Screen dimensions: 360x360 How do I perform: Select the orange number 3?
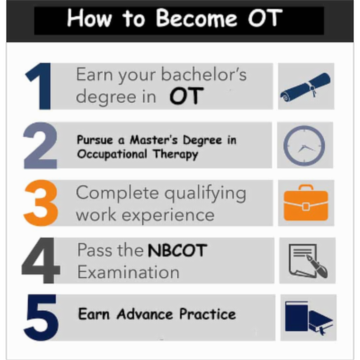(x=41, y=202)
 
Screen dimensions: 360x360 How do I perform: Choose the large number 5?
(x=40, y=316)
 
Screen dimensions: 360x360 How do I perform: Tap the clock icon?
(x=304, y=146)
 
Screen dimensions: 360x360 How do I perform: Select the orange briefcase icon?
(x=304, y=203)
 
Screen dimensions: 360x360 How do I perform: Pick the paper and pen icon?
(x=305, y=260)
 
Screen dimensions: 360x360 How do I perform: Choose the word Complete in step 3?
(x=113, y=193)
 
